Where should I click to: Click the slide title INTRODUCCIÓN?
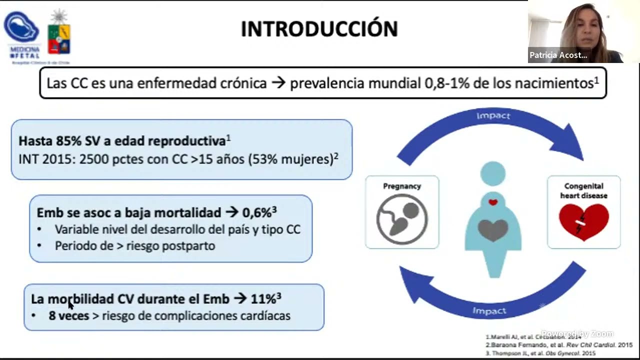tap(319, 29)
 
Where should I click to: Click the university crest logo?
tap(59, 32)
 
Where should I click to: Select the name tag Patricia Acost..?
tap(558, 55)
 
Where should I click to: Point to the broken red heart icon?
tap(583, 221)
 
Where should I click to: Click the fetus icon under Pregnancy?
tap(402, 219)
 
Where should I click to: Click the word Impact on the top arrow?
tap(493, 116)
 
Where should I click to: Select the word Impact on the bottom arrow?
tap(489, 311)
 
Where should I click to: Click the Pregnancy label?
tap(402, 186)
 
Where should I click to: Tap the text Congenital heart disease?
tap(583, 190)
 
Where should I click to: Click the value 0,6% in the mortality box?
tap(257, 212)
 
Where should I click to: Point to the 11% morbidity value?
tap(263, 299)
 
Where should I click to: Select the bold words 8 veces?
tap(69, 316)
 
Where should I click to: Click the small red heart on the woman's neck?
tap(493, 202)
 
